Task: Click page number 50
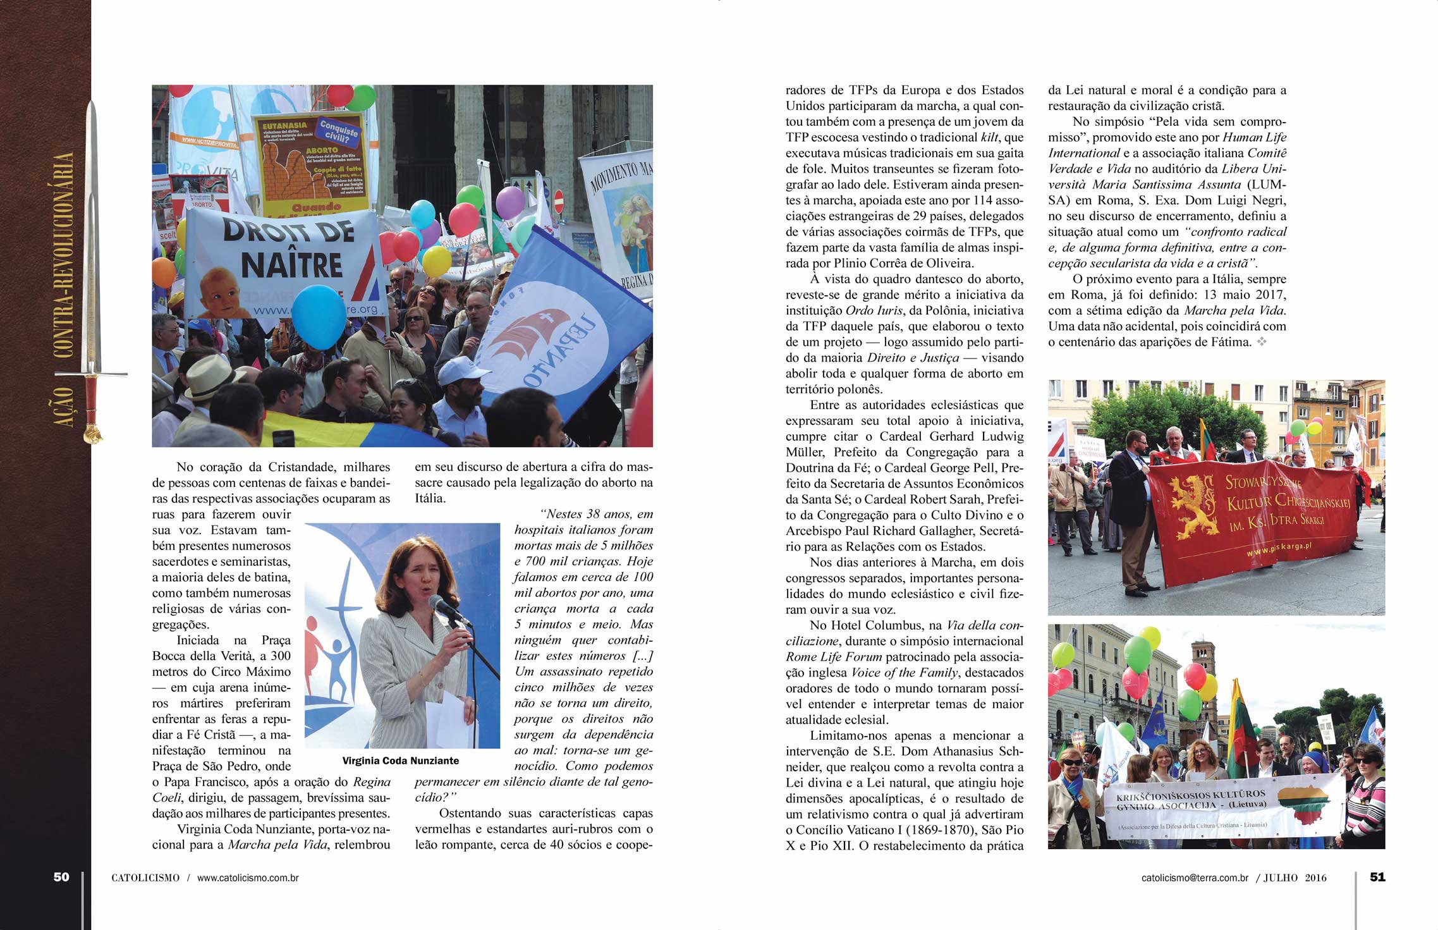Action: coord(61,877)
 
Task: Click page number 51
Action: coord(1377,877)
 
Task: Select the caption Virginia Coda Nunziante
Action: coord(401,761)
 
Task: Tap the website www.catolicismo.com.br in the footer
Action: coord(248,878)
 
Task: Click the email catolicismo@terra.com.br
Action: coord(1195,878)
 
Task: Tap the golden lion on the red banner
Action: coord(1192,506)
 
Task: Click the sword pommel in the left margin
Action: coord(93,434)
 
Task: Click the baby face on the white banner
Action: coord(218,291)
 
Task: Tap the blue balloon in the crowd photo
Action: coord(319,317)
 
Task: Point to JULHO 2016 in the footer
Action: coord(1295,878)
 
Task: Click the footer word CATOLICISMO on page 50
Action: coord(145,878)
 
